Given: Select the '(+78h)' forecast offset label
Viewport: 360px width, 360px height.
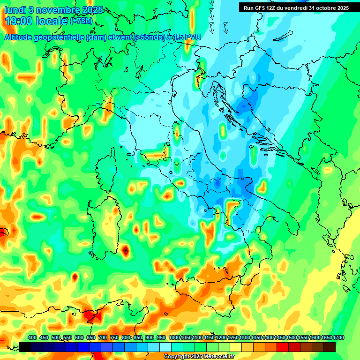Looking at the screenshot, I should click(x=81, y=21).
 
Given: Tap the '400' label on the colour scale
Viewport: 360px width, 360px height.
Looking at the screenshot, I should click(x=32, y=337).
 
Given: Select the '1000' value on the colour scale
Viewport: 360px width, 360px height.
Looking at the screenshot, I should click(x=174, y=337).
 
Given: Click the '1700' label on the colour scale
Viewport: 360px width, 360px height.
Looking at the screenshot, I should click(x=330, y=337).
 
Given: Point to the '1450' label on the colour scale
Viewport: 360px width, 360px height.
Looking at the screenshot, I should click(x=280, y=337).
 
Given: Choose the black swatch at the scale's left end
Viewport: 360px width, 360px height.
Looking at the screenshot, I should click(x=25, y=347).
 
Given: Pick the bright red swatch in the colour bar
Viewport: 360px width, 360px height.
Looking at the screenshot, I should click(x=283, y=347).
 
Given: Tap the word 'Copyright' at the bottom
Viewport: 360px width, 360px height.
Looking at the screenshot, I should click(x=177, y=356).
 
